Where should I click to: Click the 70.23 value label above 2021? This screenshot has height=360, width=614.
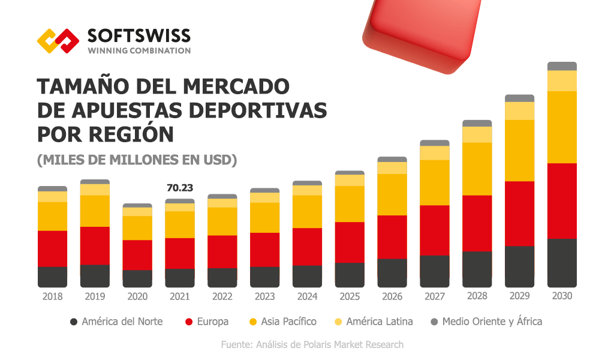[180, 188]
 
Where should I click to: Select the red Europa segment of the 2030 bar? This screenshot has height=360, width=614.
[562, 200]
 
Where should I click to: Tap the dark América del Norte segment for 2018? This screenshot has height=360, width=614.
[52, 277]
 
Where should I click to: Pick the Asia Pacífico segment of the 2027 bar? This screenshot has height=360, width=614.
[435, 182]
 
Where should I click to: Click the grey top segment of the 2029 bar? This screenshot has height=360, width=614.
[519, 98]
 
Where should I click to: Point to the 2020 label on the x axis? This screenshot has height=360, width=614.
[137, 296]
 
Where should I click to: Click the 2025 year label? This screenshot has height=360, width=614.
[350, 296]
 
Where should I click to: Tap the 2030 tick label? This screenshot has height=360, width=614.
[562, 296]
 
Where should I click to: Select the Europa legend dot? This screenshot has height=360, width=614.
[189, 322]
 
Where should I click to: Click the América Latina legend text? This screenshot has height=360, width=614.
[380, 322]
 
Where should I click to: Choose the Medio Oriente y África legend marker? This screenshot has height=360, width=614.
[435, 322]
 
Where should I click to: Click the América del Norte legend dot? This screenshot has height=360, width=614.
[74, 322]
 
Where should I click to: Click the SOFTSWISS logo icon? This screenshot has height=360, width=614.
[58, 41]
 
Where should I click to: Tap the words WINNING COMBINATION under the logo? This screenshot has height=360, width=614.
[139, 51]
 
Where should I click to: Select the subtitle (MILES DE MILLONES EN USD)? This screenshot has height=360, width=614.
[137, 160]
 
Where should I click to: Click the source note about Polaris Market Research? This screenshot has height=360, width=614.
[312, 344]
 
